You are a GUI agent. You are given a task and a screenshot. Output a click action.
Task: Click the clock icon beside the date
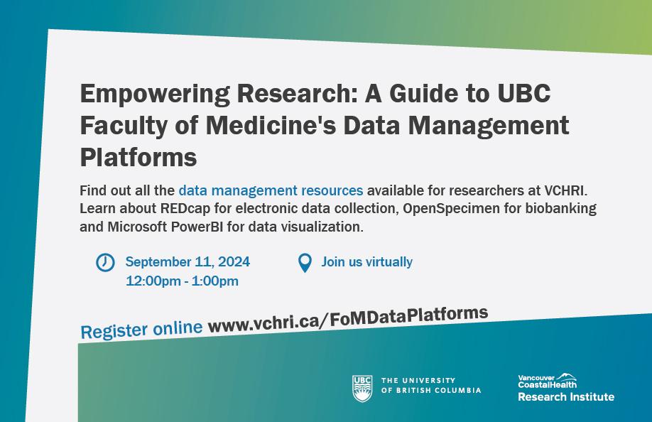click(x=105, y=263)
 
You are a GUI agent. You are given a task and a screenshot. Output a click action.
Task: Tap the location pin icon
click(x=305, y=263)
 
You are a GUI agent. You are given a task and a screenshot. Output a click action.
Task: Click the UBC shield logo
click(x=362, y=389)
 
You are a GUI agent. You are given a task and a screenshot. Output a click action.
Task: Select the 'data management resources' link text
click(x=271, y=190)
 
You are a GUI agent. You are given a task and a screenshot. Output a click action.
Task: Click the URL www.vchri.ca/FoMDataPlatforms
click(x=348, y=320)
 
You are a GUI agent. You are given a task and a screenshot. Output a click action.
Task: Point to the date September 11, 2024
click(x=188, y=262)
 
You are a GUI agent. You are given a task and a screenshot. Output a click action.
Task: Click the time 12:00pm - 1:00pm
click(x=182, y=281)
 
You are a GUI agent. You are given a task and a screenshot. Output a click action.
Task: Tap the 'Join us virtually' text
click(x=366, y=262)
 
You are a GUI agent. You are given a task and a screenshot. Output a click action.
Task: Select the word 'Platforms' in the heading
click(x=138, y=157)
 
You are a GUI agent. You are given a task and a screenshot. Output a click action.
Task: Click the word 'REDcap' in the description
click(x=185, y=208)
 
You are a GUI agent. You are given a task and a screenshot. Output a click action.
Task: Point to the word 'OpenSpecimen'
click(x=451, y=208)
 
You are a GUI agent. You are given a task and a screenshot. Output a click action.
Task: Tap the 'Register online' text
click(x=141, y=330)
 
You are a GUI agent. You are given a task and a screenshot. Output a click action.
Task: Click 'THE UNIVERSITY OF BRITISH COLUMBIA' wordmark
click(x=431, y=386)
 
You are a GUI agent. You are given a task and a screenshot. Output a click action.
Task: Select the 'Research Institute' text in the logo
click(x=566, y=397)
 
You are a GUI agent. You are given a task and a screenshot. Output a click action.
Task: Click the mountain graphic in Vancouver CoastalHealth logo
click(x=567, y=377)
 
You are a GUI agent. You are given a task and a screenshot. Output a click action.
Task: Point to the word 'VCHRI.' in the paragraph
click(x=566, y=190)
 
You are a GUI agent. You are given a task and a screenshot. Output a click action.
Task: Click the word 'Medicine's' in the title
click(x=271, y=125)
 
